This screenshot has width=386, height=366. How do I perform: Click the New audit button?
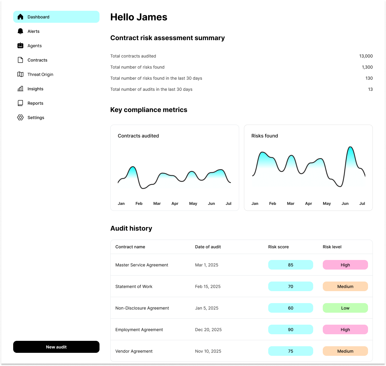[x=56, y=347]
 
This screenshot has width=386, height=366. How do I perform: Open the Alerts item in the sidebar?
[x=33, y=31]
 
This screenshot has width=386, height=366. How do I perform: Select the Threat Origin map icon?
[x=20, y=75]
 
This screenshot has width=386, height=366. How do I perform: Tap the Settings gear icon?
[x=20, y=118]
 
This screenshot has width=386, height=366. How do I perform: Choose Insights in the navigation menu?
[x=35, y=89]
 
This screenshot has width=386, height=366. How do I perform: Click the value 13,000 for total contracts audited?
[x=366, y=56]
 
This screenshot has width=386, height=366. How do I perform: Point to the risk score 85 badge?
[x=290, y=265]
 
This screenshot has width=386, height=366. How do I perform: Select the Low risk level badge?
[x=345, y=308]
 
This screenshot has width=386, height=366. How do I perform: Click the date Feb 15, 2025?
[x=208, y=286]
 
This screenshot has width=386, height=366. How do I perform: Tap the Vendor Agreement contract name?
[x=134, y=351]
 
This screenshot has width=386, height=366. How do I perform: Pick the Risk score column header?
[x=278, y=247]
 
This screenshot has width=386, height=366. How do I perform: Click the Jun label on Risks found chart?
[x=345, y=203]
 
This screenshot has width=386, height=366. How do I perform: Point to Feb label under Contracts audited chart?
[x=139, y=203]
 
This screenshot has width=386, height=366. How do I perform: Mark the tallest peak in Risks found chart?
[x=351, y=147]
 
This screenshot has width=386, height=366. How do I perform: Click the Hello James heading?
[x=139, y=17]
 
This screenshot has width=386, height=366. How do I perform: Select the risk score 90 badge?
[x=290, y=329]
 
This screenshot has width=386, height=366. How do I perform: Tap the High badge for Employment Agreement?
[x=345, y=329]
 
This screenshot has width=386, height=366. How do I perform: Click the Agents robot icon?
[x=20, y=46]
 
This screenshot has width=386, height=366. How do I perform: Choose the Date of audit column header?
[x=208, y=247]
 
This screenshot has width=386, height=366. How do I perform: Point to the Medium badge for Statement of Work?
[x=345, y=286]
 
